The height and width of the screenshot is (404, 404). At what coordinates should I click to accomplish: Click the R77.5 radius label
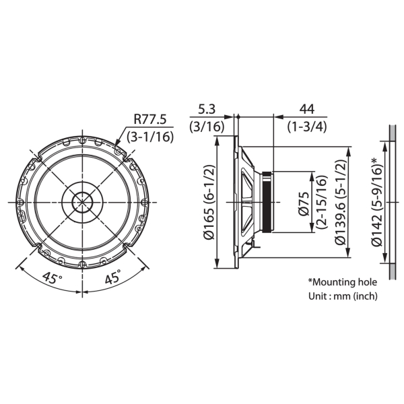pyautogui.click(x=150, y=120)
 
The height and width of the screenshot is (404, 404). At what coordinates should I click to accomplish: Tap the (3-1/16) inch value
pyautogui.click(x=150, y=137)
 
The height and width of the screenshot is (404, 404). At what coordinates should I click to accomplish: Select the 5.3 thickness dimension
pyautogui.click(x=207, y=109)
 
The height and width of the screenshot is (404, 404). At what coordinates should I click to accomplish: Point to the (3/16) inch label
pyautogui.click(x=207, y=127)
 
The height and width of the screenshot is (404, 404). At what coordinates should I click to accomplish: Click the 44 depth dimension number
pyautogui.click(x=307, y=109)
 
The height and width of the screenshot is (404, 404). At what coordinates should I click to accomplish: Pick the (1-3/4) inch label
pyautogui.click(x=307, y=127)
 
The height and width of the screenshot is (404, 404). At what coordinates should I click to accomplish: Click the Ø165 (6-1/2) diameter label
pyautogui.click(x=209, y=202)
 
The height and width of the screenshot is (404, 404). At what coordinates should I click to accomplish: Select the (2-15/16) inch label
pyautogui.click(x=322, y=202)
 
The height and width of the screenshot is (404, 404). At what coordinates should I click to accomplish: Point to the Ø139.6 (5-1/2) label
pyautogui.click(x=341, y=202)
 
